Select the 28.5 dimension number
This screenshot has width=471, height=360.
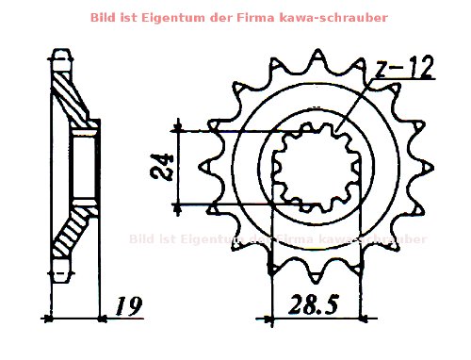tap(316, 306)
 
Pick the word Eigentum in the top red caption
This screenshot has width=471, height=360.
tap(193, 18)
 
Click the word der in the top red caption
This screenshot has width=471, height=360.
tap(235, 18)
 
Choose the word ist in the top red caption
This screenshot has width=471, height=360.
tap(154, 18)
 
